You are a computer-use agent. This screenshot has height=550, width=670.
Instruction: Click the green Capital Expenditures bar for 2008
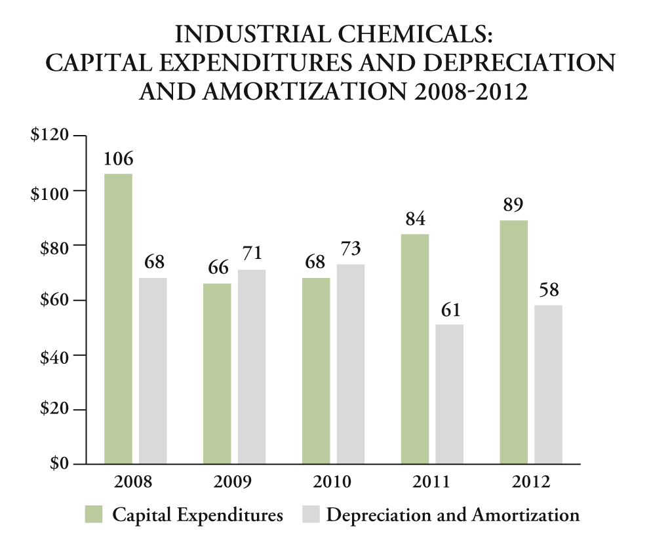click(x=119, y=319)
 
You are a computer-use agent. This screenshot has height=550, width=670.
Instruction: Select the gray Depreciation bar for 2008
click(x=153, y=371)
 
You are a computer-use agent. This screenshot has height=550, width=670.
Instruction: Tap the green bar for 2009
click(x=217, y=374)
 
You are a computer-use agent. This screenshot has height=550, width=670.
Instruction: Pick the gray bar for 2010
click(x=350, y=364)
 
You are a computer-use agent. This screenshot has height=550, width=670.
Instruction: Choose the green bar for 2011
click(x=414, y=349)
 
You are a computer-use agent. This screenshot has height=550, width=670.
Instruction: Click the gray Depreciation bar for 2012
click(x=548, y=384)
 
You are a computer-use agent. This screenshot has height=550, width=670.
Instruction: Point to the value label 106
click(x=118, y=159)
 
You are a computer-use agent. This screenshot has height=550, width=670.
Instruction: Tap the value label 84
click(x=414, y=219)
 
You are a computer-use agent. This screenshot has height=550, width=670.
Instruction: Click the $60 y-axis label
click(x=54, y=300)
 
